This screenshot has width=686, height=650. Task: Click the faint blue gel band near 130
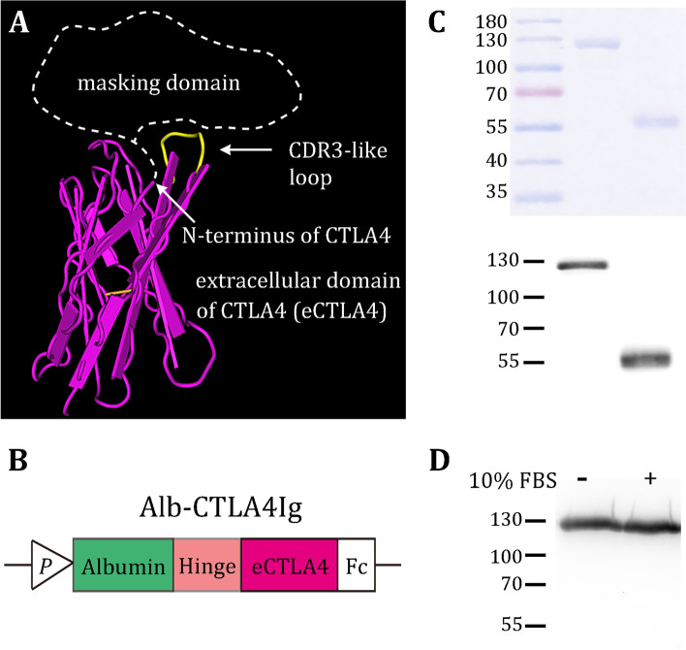click(597, 43)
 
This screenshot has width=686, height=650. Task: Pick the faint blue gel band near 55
click(657, 121)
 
